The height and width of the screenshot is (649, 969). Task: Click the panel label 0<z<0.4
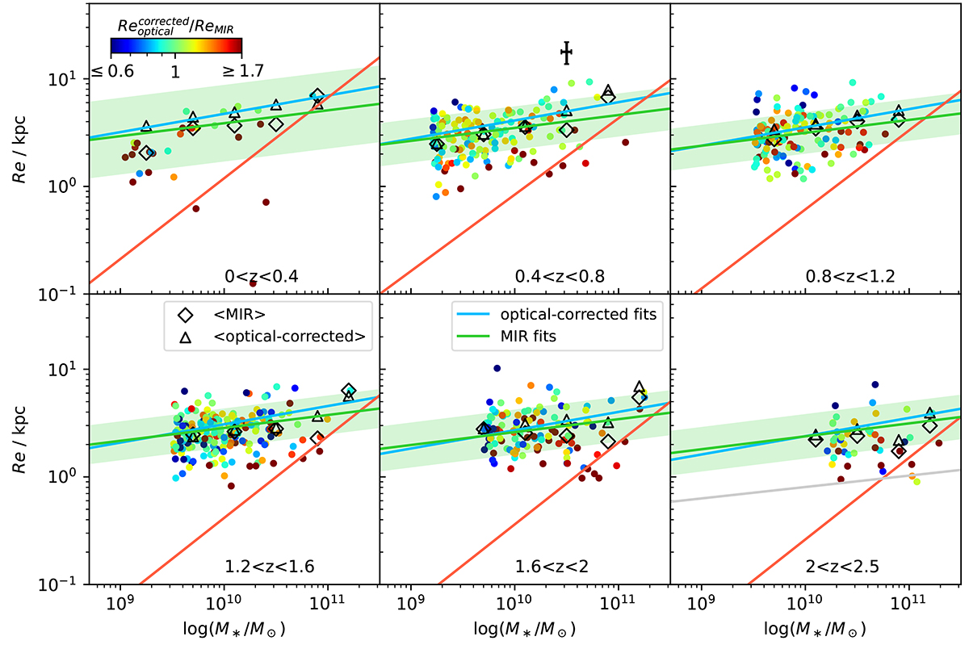click(262, 277)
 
